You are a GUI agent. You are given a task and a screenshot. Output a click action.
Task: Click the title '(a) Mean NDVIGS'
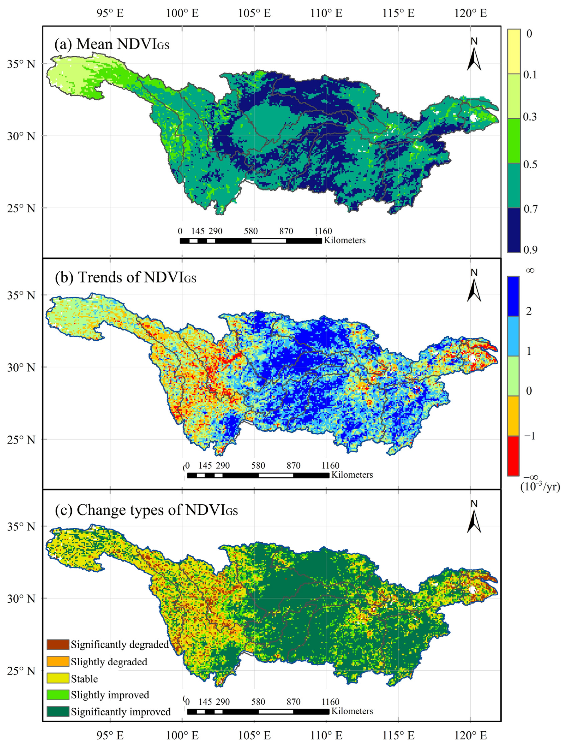[112, 44]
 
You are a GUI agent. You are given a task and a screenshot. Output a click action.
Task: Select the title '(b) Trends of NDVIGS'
[125, 277]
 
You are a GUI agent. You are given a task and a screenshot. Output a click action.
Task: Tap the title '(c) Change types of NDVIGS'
[146, 510]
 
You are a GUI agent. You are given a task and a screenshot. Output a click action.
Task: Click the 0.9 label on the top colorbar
[530, 250]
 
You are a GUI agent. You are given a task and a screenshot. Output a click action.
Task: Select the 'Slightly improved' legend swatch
[58, 695]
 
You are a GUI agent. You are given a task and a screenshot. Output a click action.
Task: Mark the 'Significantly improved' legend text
[120, 712]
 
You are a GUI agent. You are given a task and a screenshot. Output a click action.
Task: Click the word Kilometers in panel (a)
[345, 240]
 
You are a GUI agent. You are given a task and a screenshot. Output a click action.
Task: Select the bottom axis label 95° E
[110, 735]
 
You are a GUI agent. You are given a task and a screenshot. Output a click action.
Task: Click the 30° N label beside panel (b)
[21, 367]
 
